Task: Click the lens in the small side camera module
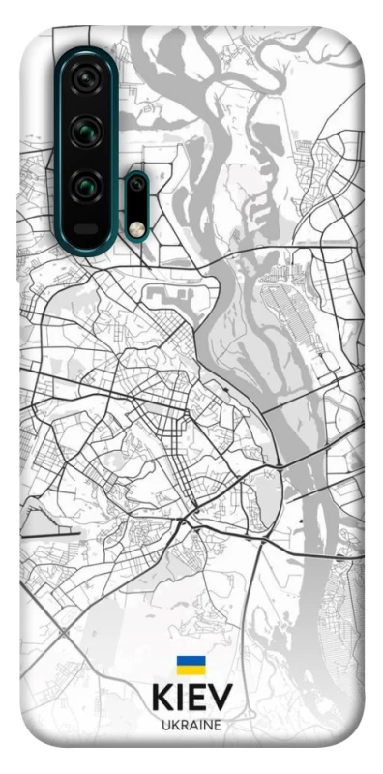point(138,185)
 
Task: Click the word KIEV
point(191,698)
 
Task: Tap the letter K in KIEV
point(162,698)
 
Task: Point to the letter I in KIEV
point(182,698)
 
